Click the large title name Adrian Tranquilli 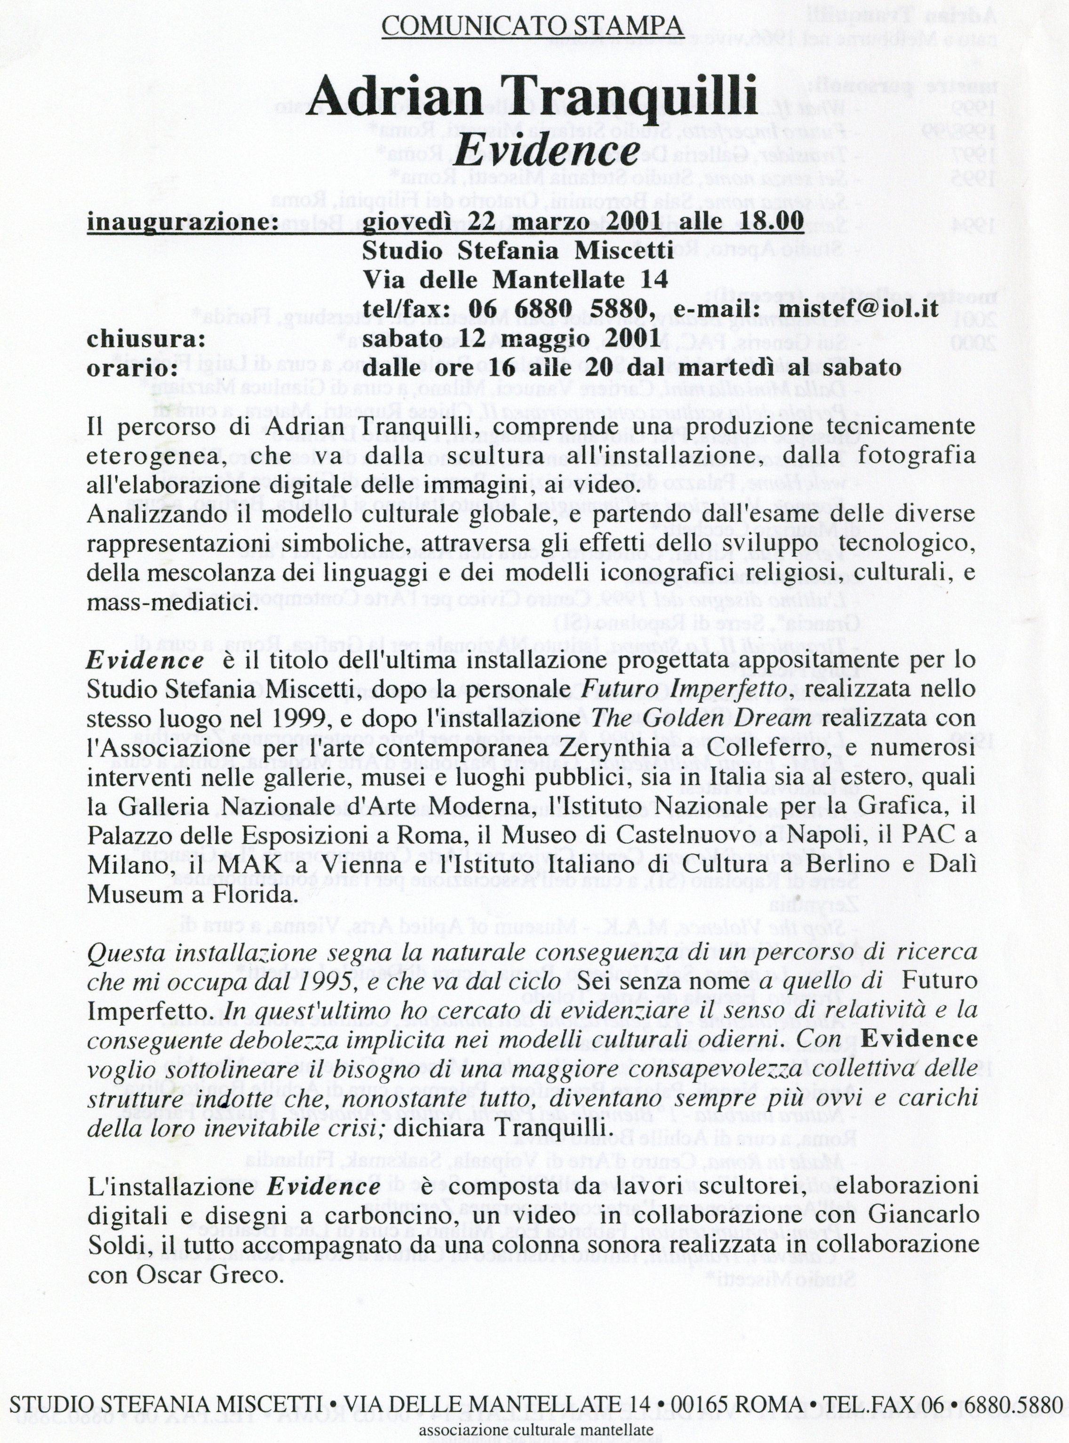tap(532, 97)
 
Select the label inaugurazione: tap(182, 222)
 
